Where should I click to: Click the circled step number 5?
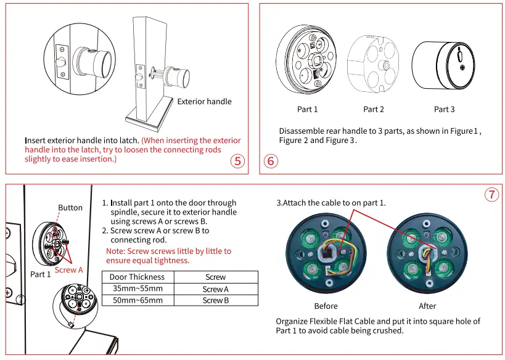[237, 162]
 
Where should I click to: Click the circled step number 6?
[271, 162]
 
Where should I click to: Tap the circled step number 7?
[491, 195]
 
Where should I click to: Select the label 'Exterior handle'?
[205, 101]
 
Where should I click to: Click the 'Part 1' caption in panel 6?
[307, 109]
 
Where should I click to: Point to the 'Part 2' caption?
[374, 109]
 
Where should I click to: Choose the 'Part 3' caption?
[444, 109]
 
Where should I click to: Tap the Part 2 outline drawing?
[373, 63]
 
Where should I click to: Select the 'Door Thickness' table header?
[137, 277]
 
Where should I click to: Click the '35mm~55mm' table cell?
[137, 288]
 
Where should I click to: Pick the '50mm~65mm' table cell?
[137, 300]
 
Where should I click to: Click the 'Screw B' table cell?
[216, 300]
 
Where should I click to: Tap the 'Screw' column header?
[216, 277]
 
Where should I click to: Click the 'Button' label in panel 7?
[70, 208]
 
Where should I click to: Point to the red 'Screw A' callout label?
[68, 270]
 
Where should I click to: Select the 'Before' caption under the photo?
[326, 306]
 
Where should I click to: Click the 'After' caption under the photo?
[427, 306]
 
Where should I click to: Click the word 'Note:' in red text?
[117, 251]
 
